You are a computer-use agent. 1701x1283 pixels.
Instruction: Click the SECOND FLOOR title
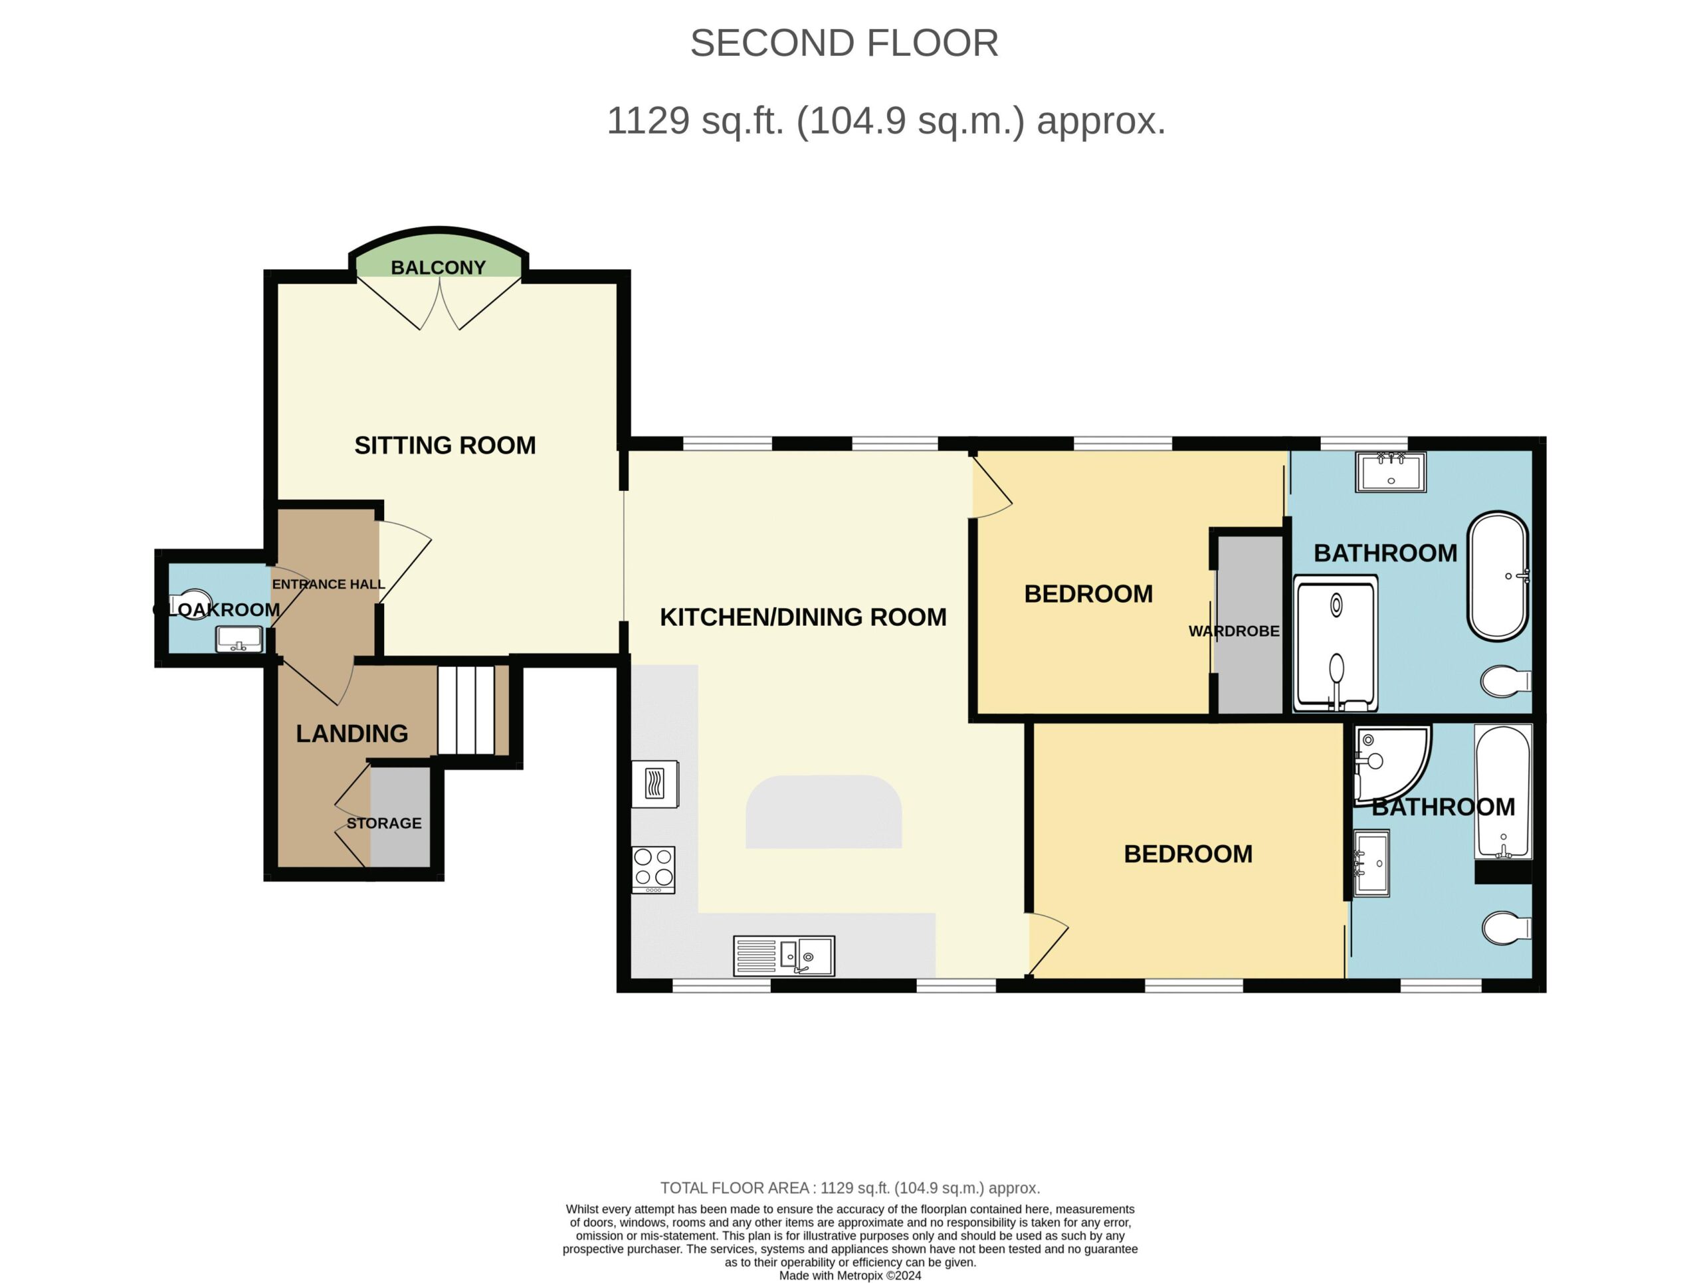(x=844, y=43)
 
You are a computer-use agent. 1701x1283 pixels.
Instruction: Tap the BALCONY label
(x=439, y=268)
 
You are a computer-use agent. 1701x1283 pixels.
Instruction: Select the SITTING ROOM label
(x=445, y=445)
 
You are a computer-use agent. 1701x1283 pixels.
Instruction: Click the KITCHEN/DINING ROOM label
(x=803, y=617)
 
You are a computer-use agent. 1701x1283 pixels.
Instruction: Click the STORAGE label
(x=384, y=823)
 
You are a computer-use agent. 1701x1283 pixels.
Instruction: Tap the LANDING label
(x=352, y=734)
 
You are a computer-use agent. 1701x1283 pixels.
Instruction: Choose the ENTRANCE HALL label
(x=328, y=584)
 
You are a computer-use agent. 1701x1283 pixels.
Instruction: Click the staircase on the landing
(x=466, y=710)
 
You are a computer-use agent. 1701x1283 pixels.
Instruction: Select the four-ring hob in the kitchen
(x=654, y=870)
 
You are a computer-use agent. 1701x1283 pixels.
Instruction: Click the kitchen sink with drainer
(x=783, y=955)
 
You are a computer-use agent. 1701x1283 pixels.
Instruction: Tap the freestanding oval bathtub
(x=1497, y=576)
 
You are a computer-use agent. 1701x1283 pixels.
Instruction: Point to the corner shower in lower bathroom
(x=1390, y=763)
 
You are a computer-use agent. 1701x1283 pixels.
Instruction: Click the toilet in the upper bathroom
(x=1506, y=681)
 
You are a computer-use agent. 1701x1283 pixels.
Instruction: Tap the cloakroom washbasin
(x=239, y=639)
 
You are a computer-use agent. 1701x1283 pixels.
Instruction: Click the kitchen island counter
(x=823, y=812)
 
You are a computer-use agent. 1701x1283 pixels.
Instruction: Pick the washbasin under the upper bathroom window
(x=1390, y=471)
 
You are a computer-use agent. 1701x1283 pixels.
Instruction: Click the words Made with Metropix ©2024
(x=850, y=1275)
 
